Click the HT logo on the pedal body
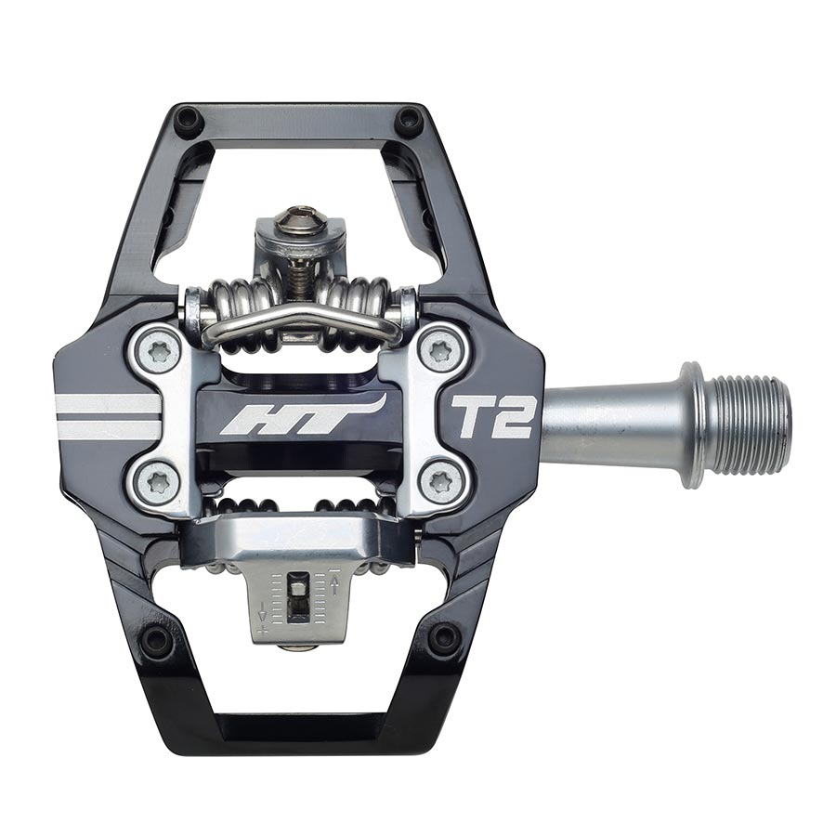pyautogui.click(x=302, y=414)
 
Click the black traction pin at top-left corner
pyautogui.click(x=189, y=120)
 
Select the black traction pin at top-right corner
pyautogui.click(x=408, y=120)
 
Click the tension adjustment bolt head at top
pyautogui.click(x=300, y=219)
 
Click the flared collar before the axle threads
pyautogui.click(x=692, y=425)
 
